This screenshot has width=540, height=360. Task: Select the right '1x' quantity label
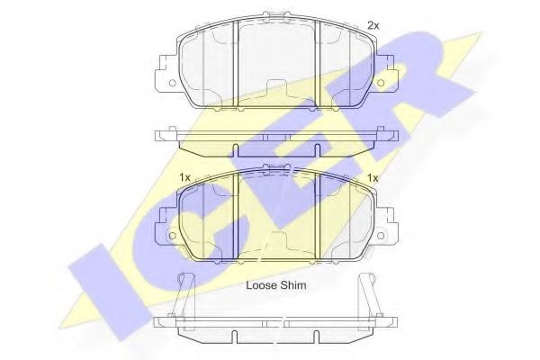[372, 178]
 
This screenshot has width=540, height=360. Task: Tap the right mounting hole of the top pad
[380, 84]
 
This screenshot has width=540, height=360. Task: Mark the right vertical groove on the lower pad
[321, 216]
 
